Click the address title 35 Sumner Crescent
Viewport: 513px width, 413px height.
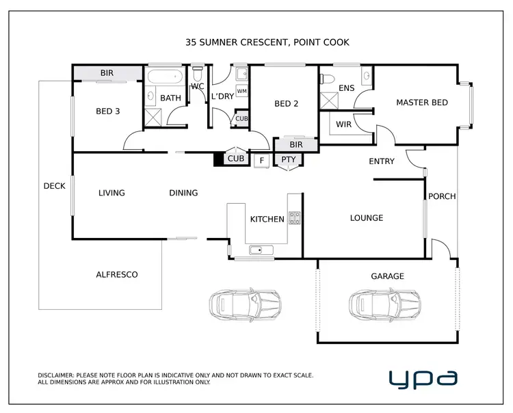[267, 42]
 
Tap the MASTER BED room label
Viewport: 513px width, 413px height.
[422, 103]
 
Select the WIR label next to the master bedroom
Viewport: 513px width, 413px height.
[343, 125]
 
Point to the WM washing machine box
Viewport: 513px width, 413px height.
[241, 91]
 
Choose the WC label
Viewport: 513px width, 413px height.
[198, 87]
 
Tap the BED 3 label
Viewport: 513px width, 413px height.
[108, 111]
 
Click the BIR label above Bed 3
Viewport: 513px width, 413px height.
[107, 72]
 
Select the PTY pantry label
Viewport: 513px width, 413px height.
[287, 159]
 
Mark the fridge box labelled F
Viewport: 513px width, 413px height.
[261, 161]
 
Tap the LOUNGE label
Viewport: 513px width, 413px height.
[367, 218]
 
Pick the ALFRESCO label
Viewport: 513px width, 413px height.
[116, 275]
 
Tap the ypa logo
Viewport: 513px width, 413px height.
[423, 377]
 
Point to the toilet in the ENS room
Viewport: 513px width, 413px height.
[326, 78]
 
